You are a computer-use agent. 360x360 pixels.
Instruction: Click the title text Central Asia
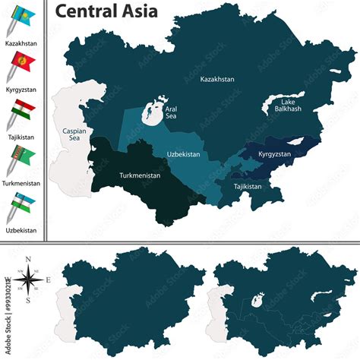[x=106, y=11]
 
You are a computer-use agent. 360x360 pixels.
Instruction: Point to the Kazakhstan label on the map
[x=217, y=79]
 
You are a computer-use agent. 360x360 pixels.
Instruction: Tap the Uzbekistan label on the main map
[x=183, y=154]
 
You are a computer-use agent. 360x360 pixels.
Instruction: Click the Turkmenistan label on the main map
[x=141, y=175]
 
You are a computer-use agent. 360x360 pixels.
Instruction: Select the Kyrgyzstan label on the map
[x=274, y=154]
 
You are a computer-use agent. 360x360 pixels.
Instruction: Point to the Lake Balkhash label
[x=288, y=106]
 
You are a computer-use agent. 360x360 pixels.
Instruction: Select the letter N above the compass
[x=28, y=261]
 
